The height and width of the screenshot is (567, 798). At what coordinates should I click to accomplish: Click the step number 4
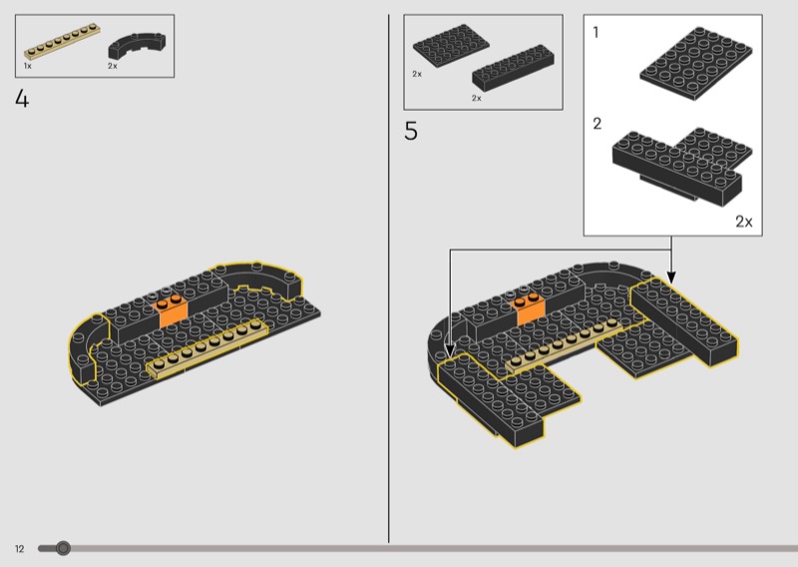[x=22, y=98]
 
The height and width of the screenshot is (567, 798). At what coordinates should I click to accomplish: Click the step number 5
[x=411, y=132]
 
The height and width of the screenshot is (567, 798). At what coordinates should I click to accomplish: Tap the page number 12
[x=19, y=549]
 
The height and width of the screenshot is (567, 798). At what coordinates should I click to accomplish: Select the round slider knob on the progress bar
[x=63, y=548]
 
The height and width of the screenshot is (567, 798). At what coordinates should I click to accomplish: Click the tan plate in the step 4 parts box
[x=62, y=41]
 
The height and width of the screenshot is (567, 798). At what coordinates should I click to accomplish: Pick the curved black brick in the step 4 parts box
[x=137, y=46]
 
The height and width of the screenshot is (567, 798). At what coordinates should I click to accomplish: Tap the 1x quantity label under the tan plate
[x=28, y=66]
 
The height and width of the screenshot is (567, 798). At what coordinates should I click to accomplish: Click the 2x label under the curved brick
[x=113, y=66]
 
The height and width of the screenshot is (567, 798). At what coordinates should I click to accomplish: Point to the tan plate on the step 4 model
[x=206, y=348]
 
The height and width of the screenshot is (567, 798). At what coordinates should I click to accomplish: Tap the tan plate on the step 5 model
[x=565, y=346]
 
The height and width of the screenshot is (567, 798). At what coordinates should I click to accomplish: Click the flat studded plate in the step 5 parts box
[x=451, y=45]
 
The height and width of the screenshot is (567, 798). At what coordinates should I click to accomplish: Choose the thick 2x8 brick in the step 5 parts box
[x=513, y=68]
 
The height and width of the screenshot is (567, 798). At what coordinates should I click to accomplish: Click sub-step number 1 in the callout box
[x=596, y=33]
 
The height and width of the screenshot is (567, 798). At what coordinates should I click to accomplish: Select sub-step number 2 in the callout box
[x=597, y=124]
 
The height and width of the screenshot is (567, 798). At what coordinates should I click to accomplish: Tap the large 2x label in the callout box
[x=743, y=221]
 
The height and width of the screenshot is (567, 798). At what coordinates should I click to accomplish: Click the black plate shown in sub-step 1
[x=695, y=64]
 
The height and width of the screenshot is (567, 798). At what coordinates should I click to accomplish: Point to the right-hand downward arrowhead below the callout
[x=671, y=278]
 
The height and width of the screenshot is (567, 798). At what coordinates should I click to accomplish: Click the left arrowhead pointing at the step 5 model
[x=450, y=350]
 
